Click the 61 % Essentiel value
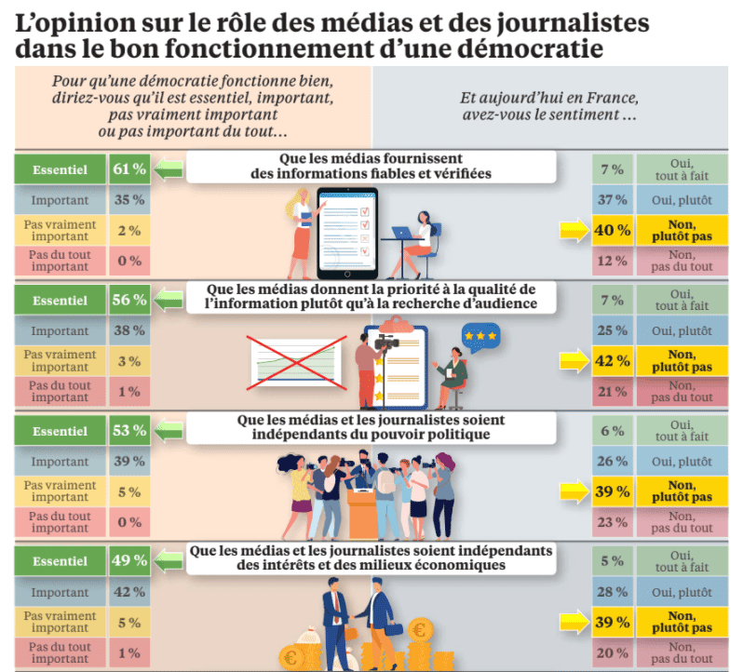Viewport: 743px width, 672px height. (x=129, y=169)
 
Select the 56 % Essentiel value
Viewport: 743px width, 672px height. (x=129, y=300)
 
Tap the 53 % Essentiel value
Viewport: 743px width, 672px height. (x=129, y=431)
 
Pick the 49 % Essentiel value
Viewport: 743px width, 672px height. (x=129, y=561)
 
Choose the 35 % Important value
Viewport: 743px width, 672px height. (x=129, y=200)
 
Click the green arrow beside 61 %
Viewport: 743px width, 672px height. (x=168, y=169)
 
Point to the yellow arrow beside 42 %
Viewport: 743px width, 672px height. (x=570, y=361)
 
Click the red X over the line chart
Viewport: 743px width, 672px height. (x=289, y=358)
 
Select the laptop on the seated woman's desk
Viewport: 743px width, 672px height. (x=403, y=234)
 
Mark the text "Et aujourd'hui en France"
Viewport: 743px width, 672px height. (x=548, y=100)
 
